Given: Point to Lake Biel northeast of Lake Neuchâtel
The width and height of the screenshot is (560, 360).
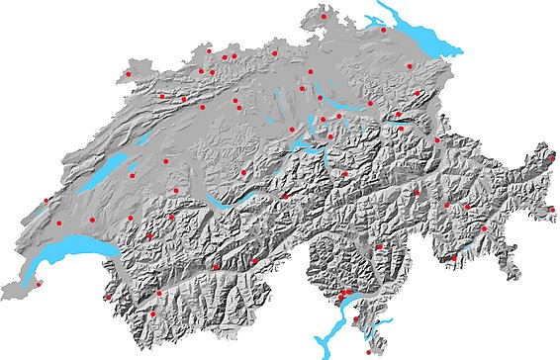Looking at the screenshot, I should tap(147, 138).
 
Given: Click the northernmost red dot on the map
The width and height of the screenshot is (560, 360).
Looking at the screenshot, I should tap(324, 16).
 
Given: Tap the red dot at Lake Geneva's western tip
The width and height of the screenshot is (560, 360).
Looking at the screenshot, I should tap(38, 284).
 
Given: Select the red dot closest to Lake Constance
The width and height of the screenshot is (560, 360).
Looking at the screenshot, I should tap(384, 30).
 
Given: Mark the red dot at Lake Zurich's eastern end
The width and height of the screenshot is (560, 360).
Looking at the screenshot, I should tap(370, 102).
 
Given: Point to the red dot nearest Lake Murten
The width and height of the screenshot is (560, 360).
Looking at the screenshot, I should tap(132, 176).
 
